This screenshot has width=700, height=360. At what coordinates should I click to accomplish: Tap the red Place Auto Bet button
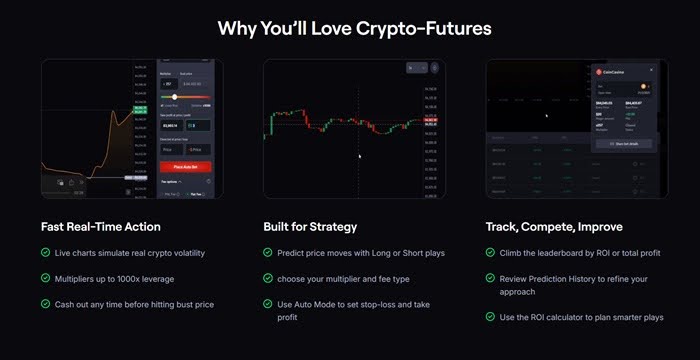(x=184, y=165)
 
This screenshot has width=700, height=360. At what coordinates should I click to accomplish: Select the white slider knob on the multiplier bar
(x=176, y=96)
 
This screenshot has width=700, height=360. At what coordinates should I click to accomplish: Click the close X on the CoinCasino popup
(x=651, y=71)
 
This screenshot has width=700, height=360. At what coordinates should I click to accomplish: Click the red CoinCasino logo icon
(x=599, y=71)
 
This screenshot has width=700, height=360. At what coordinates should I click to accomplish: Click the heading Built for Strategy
(x=310, y=227)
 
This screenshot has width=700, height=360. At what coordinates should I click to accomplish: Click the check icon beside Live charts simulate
(x=46, y=252)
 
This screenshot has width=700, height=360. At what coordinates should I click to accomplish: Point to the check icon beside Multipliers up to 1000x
(x=46, y=278)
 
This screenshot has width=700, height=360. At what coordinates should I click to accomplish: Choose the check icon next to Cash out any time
(x=46, y=304)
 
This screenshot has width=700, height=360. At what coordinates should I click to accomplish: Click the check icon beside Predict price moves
(x=268, y=252)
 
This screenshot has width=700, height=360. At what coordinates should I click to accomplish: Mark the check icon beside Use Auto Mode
(x=268, y=304)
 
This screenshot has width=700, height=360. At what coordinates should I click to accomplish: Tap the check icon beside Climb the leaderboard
(x=490, y=252)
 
